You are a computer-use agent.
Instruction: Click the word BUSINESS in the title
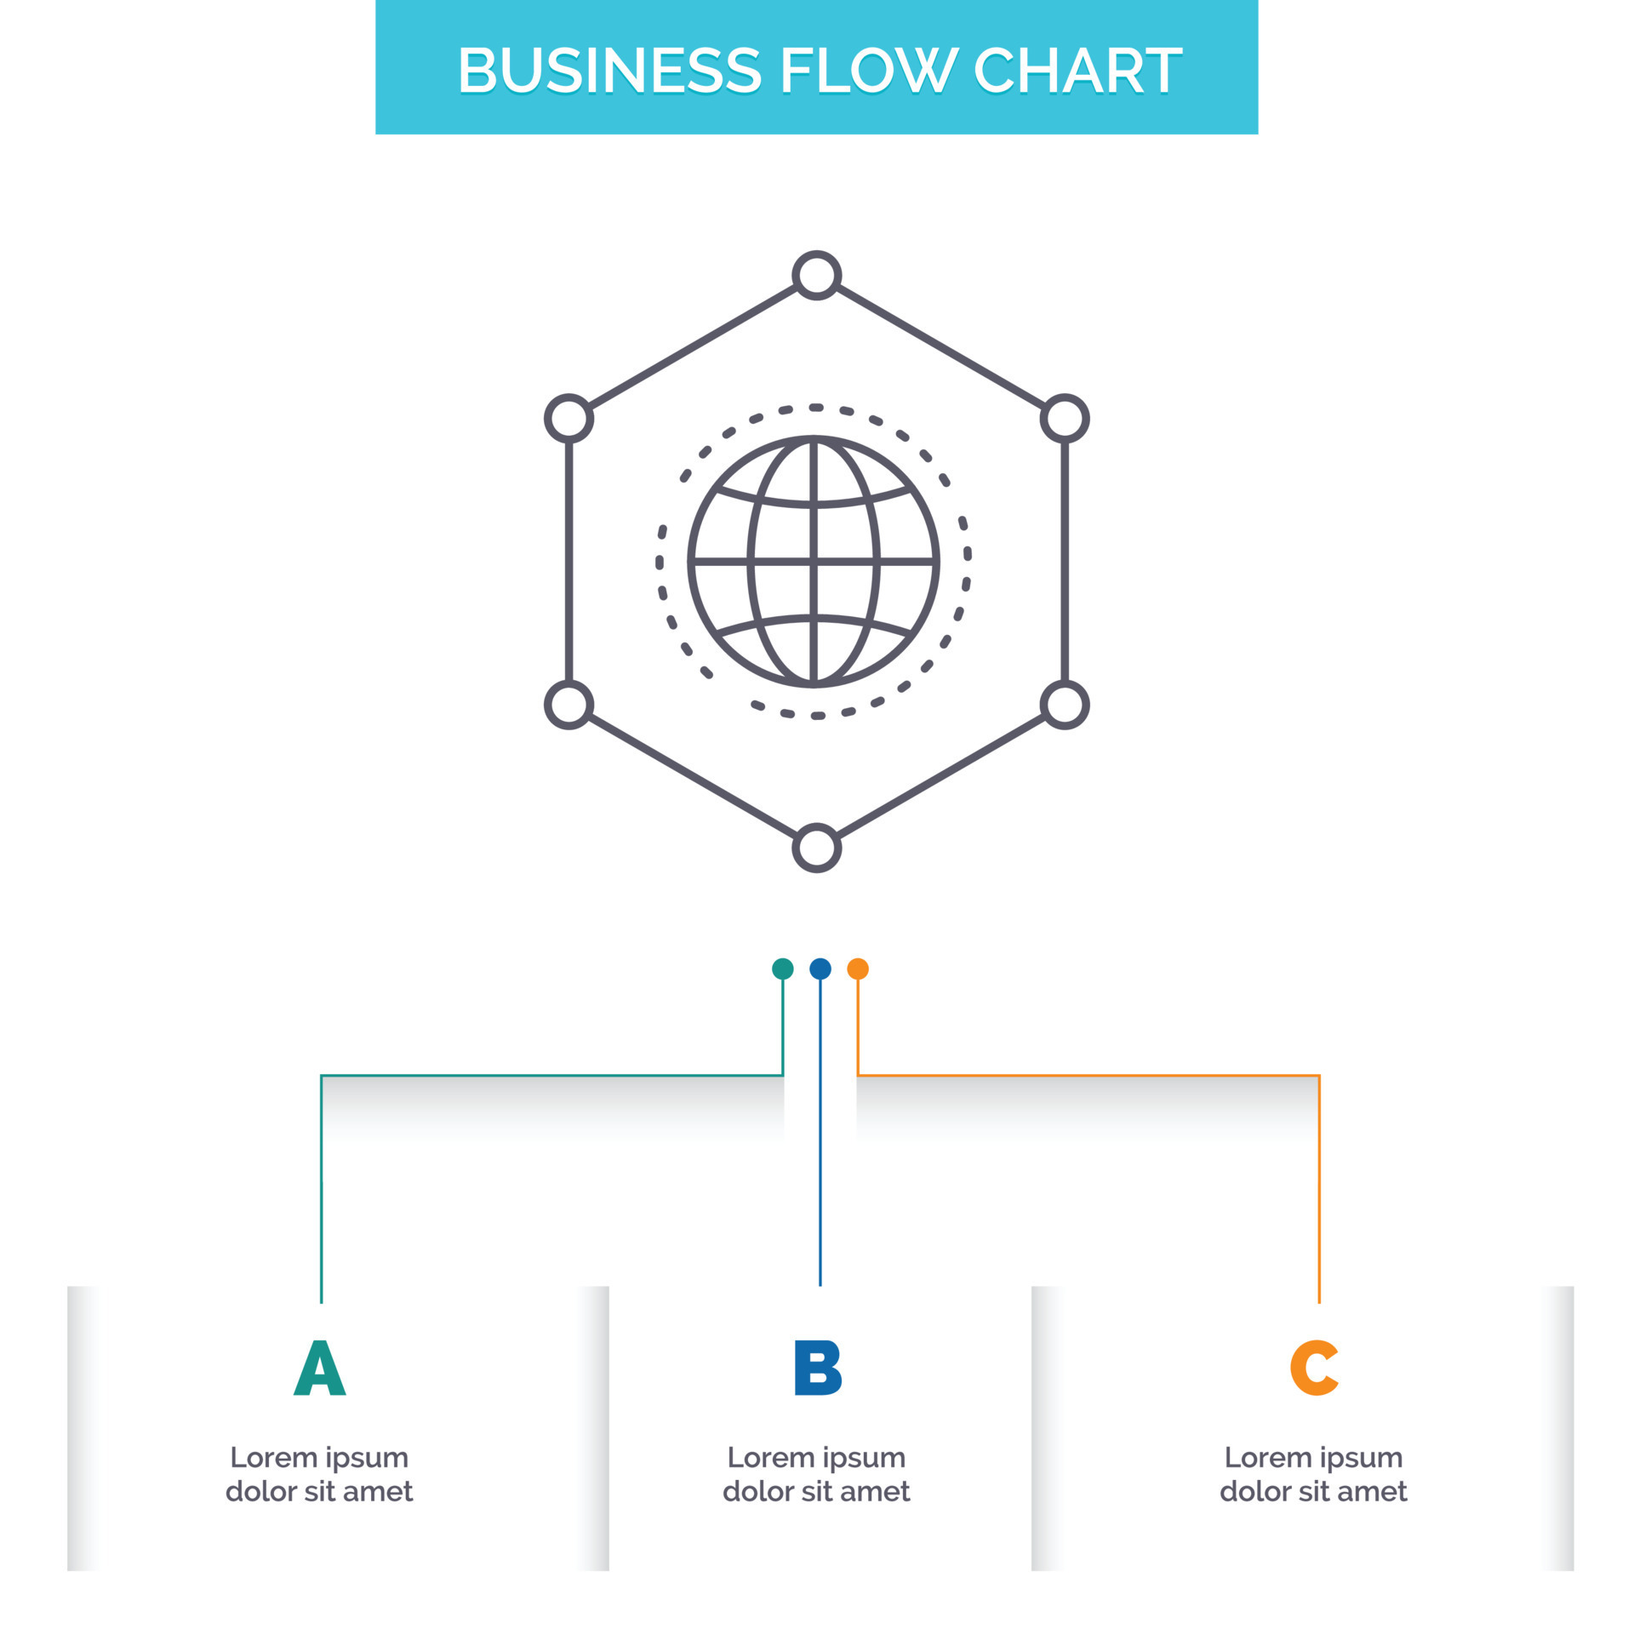[x=608, y=70]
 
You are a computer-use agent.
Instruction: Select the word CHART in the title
[x=1077, y=70]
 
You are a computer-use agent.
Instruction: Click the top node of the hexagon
[x=816, y=276]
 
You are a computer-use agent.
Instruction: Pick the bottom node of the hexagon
[x=816, y=848]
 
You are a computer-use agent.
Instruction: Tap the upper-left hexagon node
[x=568, y=419]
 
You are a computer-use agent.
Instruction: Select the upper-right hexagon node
[x=1065, y=419]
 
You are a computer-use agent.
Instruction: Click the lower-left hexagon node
[x=568, y=705]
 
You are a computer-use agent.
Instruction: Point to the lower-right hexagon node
[x=1065, y=705]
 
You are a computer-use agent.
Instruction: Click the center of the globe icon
[x=814, y=562]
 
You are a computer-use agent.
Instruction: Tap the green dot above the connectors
[x=782, y=968]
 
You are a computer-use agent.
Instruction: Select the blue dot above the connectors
[x=820, y=968]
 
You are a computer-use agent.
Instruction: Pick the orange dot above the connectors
[x=858, y=968]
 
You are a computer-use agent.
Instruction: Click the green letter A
[x=320, y=1368]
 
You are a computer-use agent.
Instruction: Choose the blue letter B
[x=817, y=1368]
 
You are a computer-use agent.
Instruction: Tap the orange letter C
[x=1314, y=1368]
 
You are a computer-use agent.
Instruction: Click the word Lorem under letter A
[x=272, y=1458]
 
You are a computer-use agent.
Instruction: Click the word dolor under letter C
[x=1250, y=1492]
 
